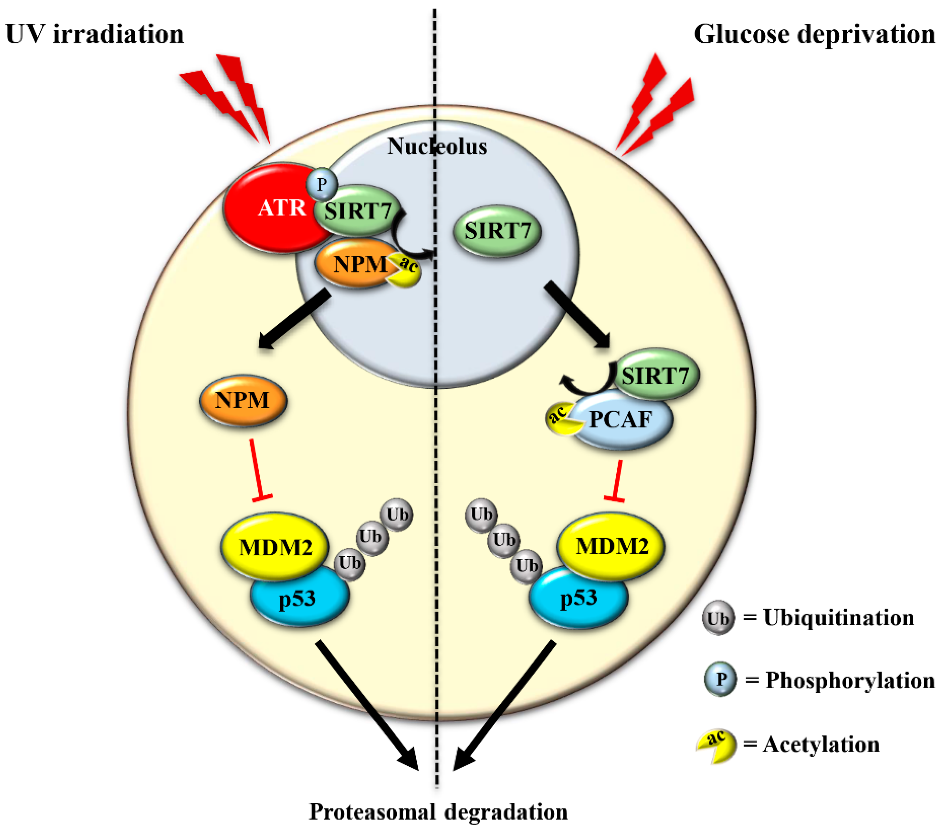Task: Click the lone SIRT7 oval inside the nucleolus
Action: [497, 231]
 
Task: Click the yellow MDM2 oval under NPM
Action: [275, 547]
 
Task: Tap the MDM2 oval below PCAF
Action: [612, 546]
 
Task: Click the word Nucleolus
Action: [437, 146]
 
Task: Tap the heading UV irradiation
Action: [94, 34]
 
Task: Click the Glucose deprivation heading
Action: [814, 34]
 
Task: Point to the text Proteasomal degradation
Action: [438, 811]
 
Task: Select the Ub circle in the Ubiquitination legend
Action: [718, 618]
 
